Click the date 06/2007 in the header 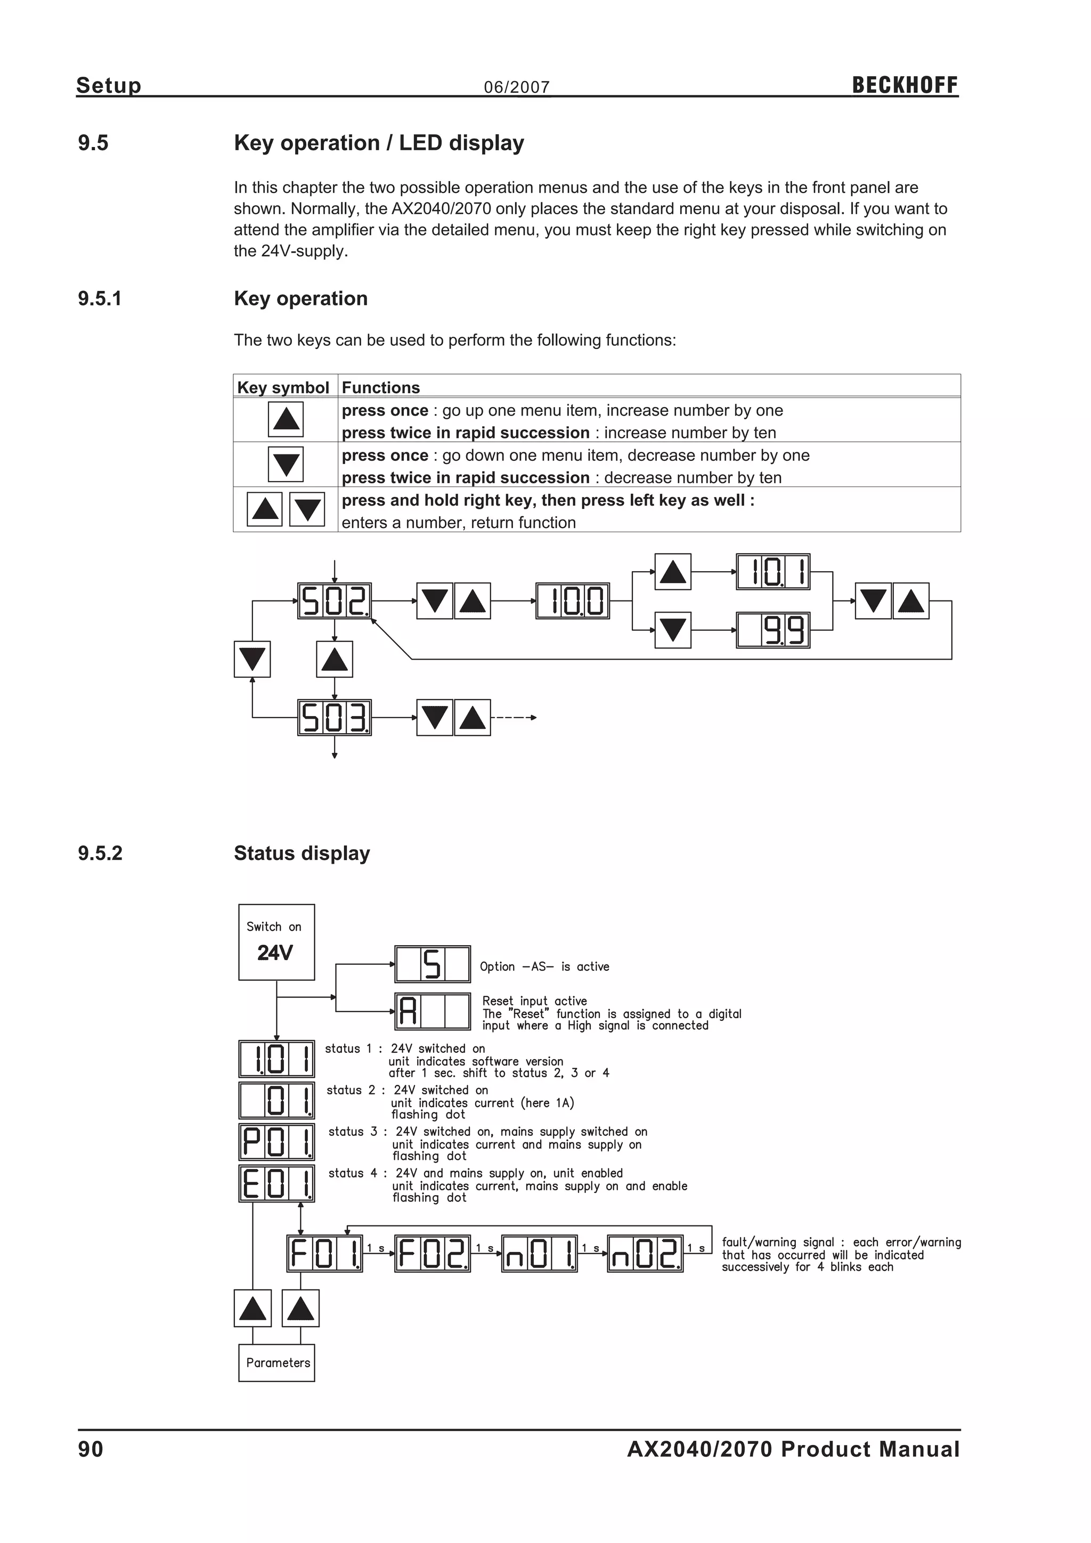tap(517, 87)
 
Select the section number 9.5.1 tap(100, 298)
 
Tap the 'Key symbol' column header tap(283, 387)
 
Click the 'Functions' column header tap(380, 387)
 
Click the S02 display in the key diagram tap(334, 601)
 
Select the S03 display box tap(334, 718)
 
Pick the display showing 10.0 tap(572, 601)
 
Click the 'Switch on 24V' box tap(276, 941)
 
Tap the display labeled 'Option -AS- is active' tap(432, 964)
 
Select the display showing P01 tap(276, 1142)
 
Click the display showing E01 tap(276, 1184)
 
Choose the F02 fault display tap(432, 1253)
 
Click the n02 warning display tap(645, 1253)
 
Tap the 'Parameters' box tap(276, 1363)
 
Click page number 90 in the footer tap(91, 1450)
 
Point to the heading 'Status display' tap(302, 854)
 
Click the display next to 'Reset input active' tap(432, 1011)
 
